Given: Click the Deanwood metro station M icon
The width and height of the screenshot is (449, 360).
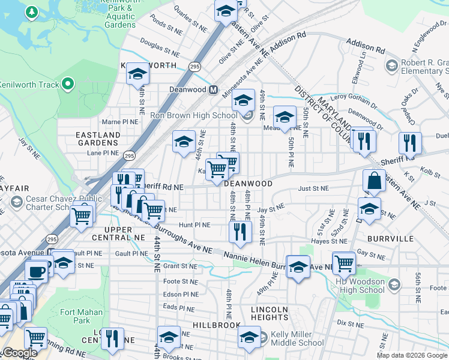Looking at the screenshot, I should coord(212,90).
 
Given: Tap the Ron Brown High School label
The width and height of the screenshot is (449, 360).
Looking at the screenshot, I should coord(194,116).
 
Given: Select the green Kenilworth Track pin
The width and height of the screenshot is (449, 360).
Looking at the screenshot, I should coord(68,85).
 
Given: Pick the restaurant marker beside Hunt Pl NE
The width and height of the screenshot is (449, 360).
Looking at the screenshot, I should coord(240,231).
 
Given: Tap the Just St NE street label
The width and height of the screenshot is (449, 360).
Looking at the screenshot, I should coord(313,188).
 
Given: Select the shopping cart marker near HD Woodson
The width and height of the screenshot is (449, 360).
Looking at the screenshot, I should coord(344,262).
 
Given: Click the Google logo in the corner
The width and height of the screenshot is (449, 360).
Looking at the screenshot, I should coord(20,353).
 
